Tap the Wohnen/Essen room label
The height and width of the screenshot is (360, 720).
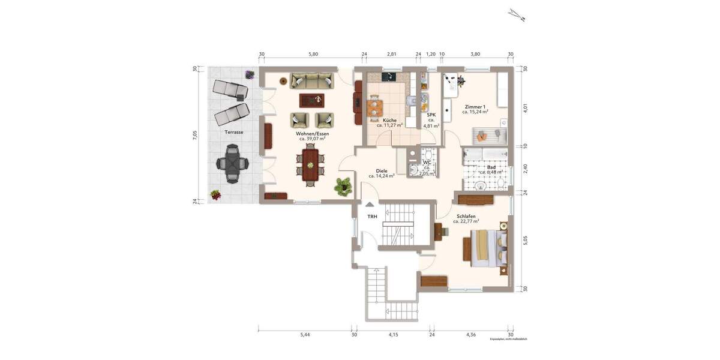(x=312, y=134)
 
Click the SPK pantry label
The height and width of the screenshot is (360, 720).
(x=431, y=115)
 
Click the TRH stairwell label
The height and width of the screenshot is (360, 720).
(x=373, y=217)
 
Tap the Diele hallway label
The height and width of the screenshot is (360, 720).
(x=381, y=170)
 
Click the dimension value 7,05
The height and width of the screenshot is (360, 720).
(x=194, y=136)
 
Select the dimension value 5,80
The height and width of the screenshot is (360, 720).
(x=313, y=55)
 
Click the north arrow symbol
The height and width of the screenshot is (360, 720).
(x=516, y=15)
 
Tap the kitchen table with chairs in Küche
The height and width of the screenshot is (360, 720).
(x=375, y=106)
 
